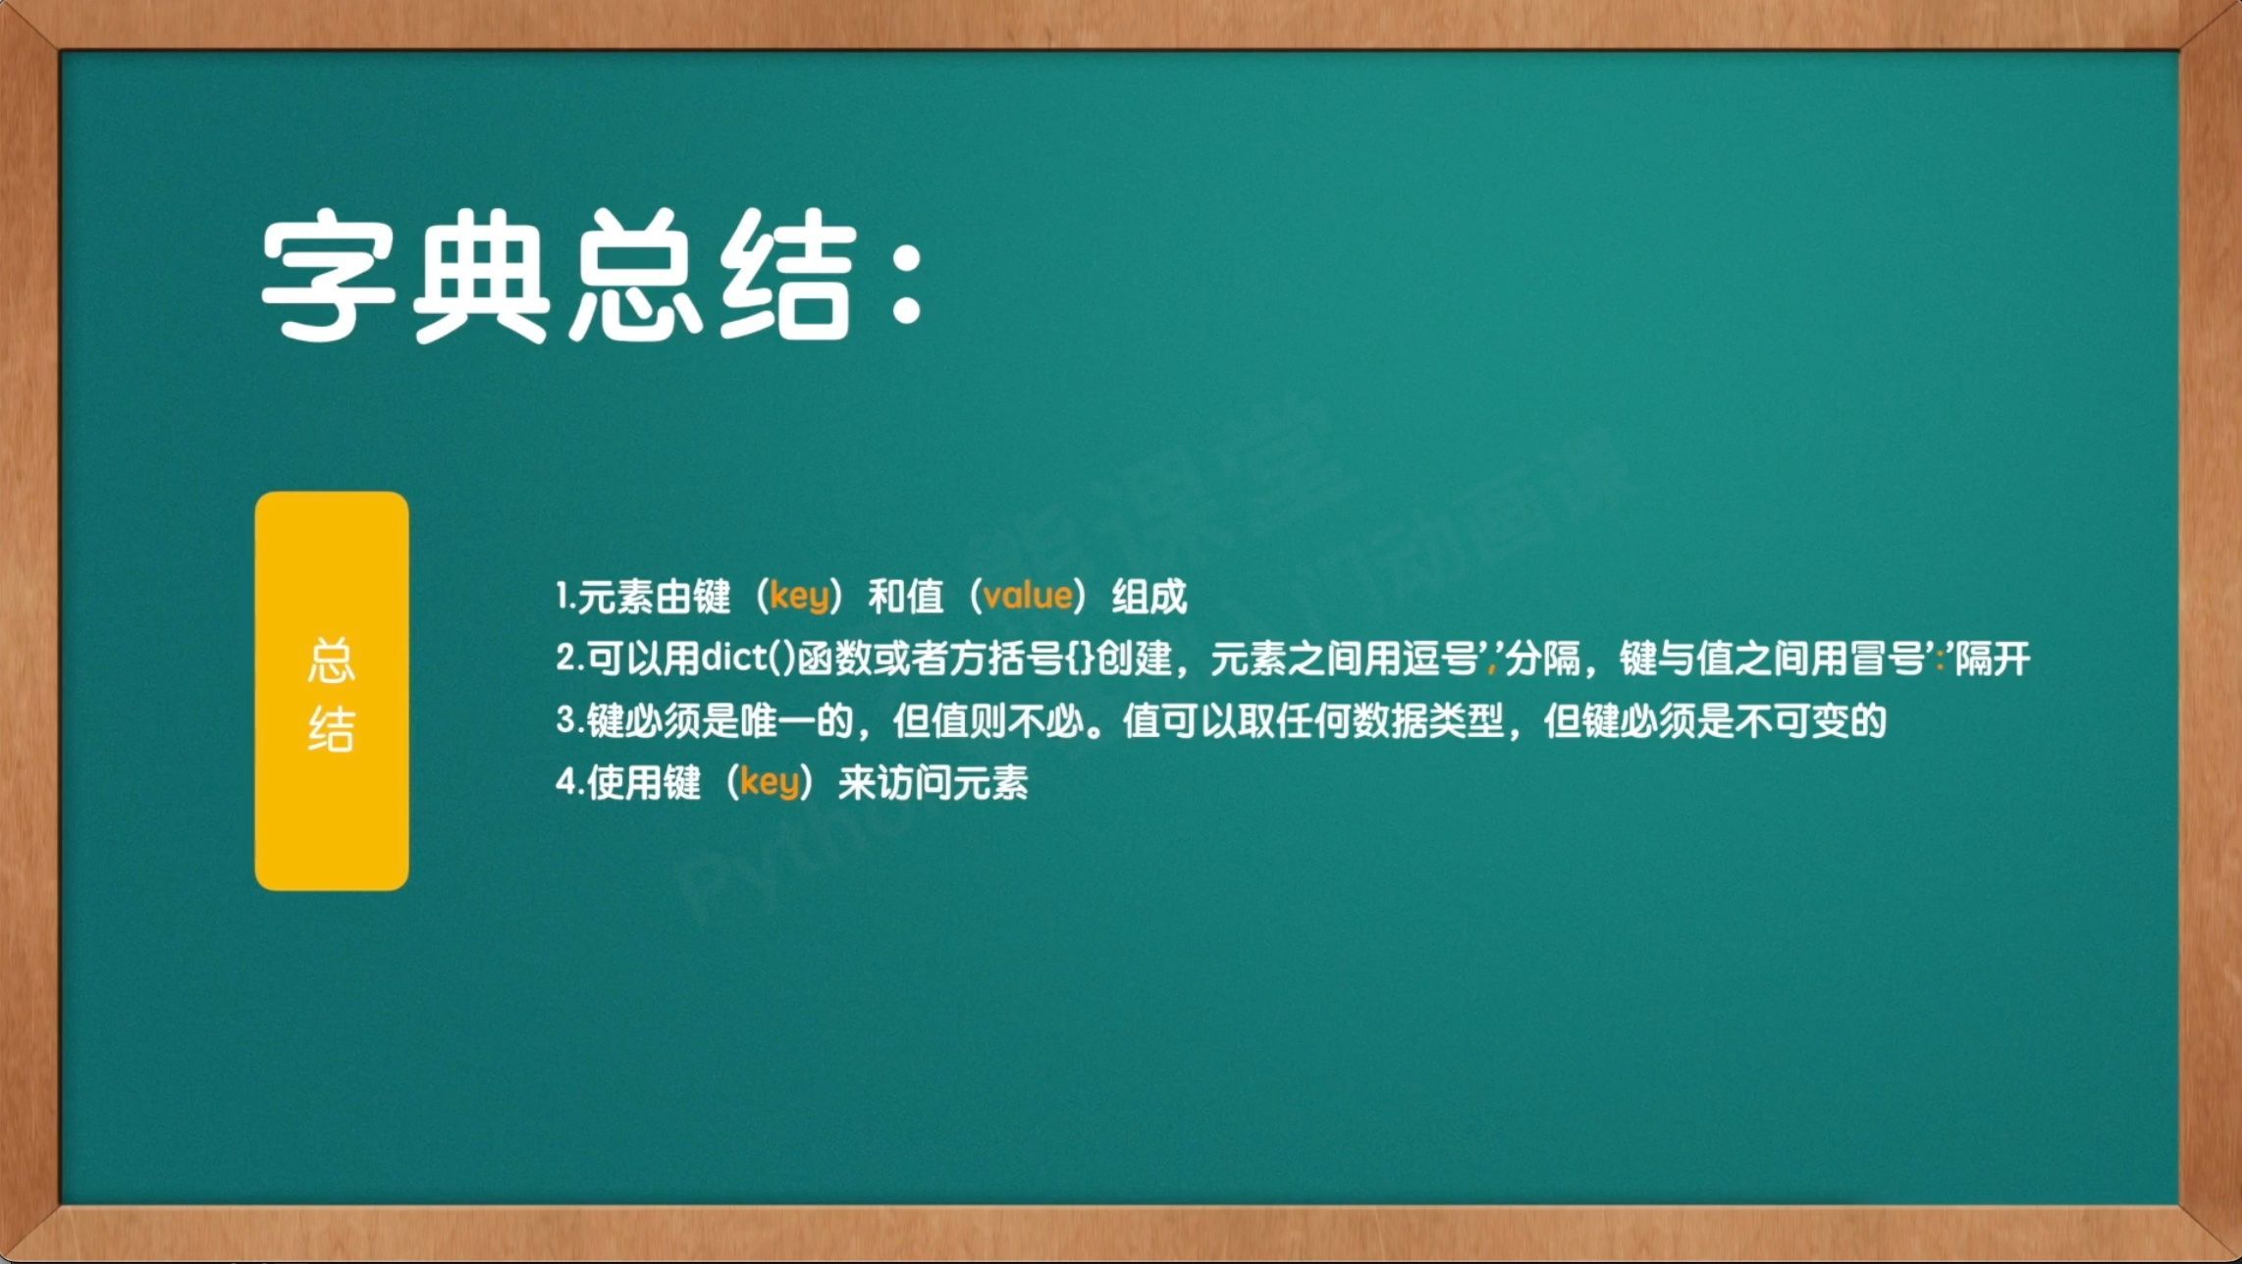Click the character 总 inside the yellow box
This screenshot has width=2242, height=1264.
coord(332,660)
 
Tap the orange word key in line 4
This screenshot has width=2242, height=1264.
coord(770,782)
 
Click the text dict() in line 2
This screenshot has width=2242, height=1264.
coord(747,658)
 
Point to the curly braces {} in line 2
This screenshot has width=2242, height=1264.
coord(1079,658)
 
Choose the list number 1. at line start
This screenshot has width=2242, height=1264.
coord(564,596)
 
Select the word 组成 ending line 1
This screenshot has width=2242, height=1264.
coord(1149,596)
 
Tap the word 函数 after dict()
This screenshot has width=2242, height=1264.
coord(834,658)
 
